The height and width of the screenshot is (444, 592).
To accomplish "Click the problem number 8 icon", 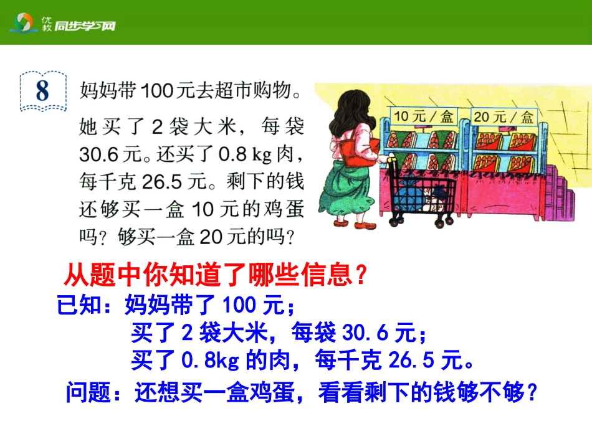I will (x=42, y=91).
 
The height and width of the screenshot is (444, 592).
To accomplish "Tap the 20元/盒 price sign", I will (x=504, y=116).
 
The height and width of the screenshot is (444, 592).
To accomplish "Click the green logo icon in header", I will (x=24, y=24).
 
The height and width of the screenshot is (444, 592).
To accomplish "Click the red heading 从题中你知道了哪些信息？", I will (x=215, y=274).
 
